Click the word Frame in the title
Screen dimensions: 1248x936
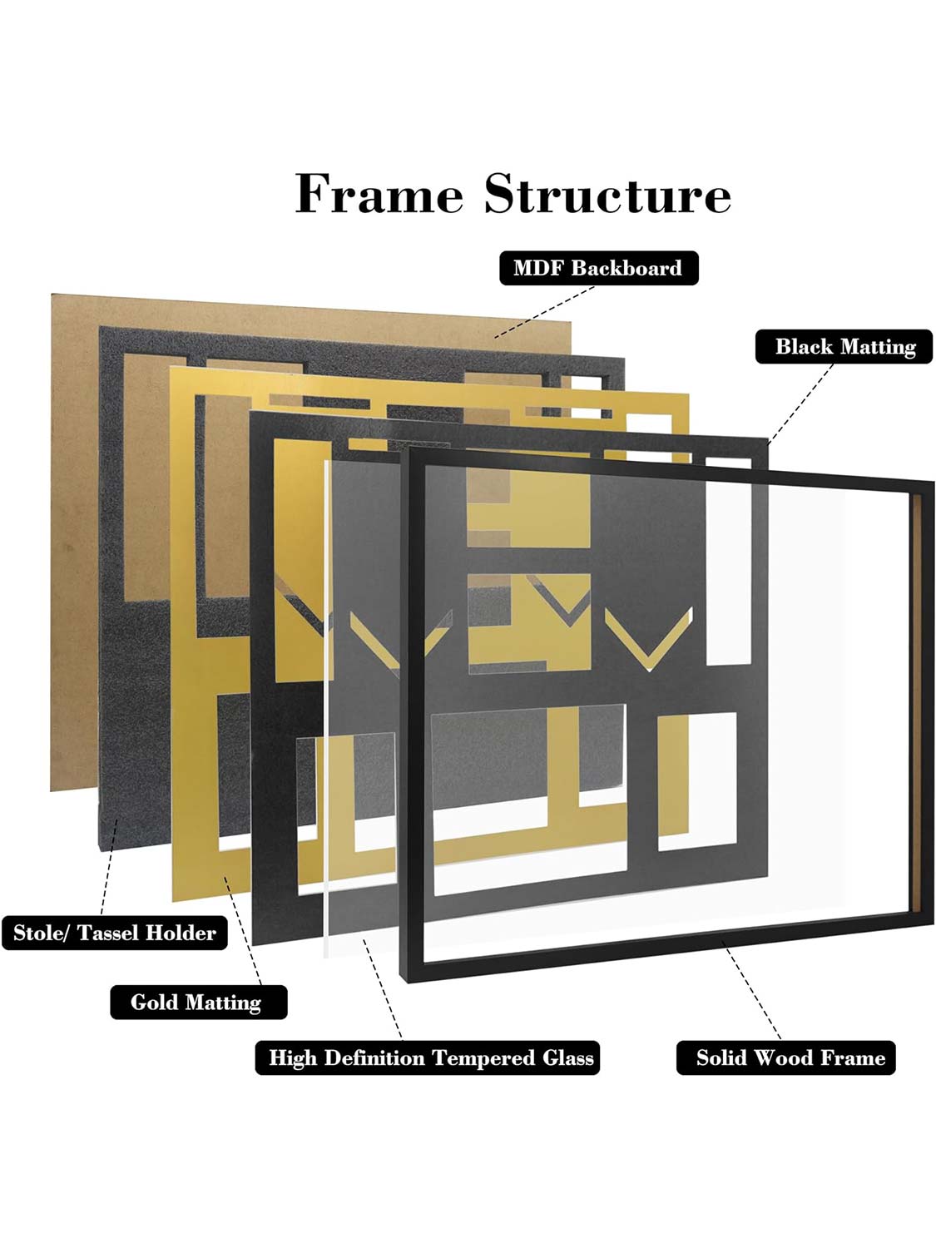(379, 195)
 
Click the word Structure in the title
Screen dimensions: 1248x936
(607, 195)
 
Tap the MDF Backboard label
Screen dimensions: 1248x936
(598, 268)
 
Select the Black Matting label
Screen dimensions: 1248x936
(844, 347)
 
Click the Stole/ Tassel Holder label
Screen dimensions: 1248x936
(115, 933)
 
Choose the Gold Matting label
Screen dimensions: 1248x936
(198, 1003)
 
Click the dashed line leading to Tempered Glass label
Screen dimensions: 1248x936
(384, 990)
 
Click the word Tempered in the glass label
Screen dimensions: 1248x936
(485, 1058)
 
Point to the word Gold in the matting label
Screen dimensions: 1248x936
(156, 1003)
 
